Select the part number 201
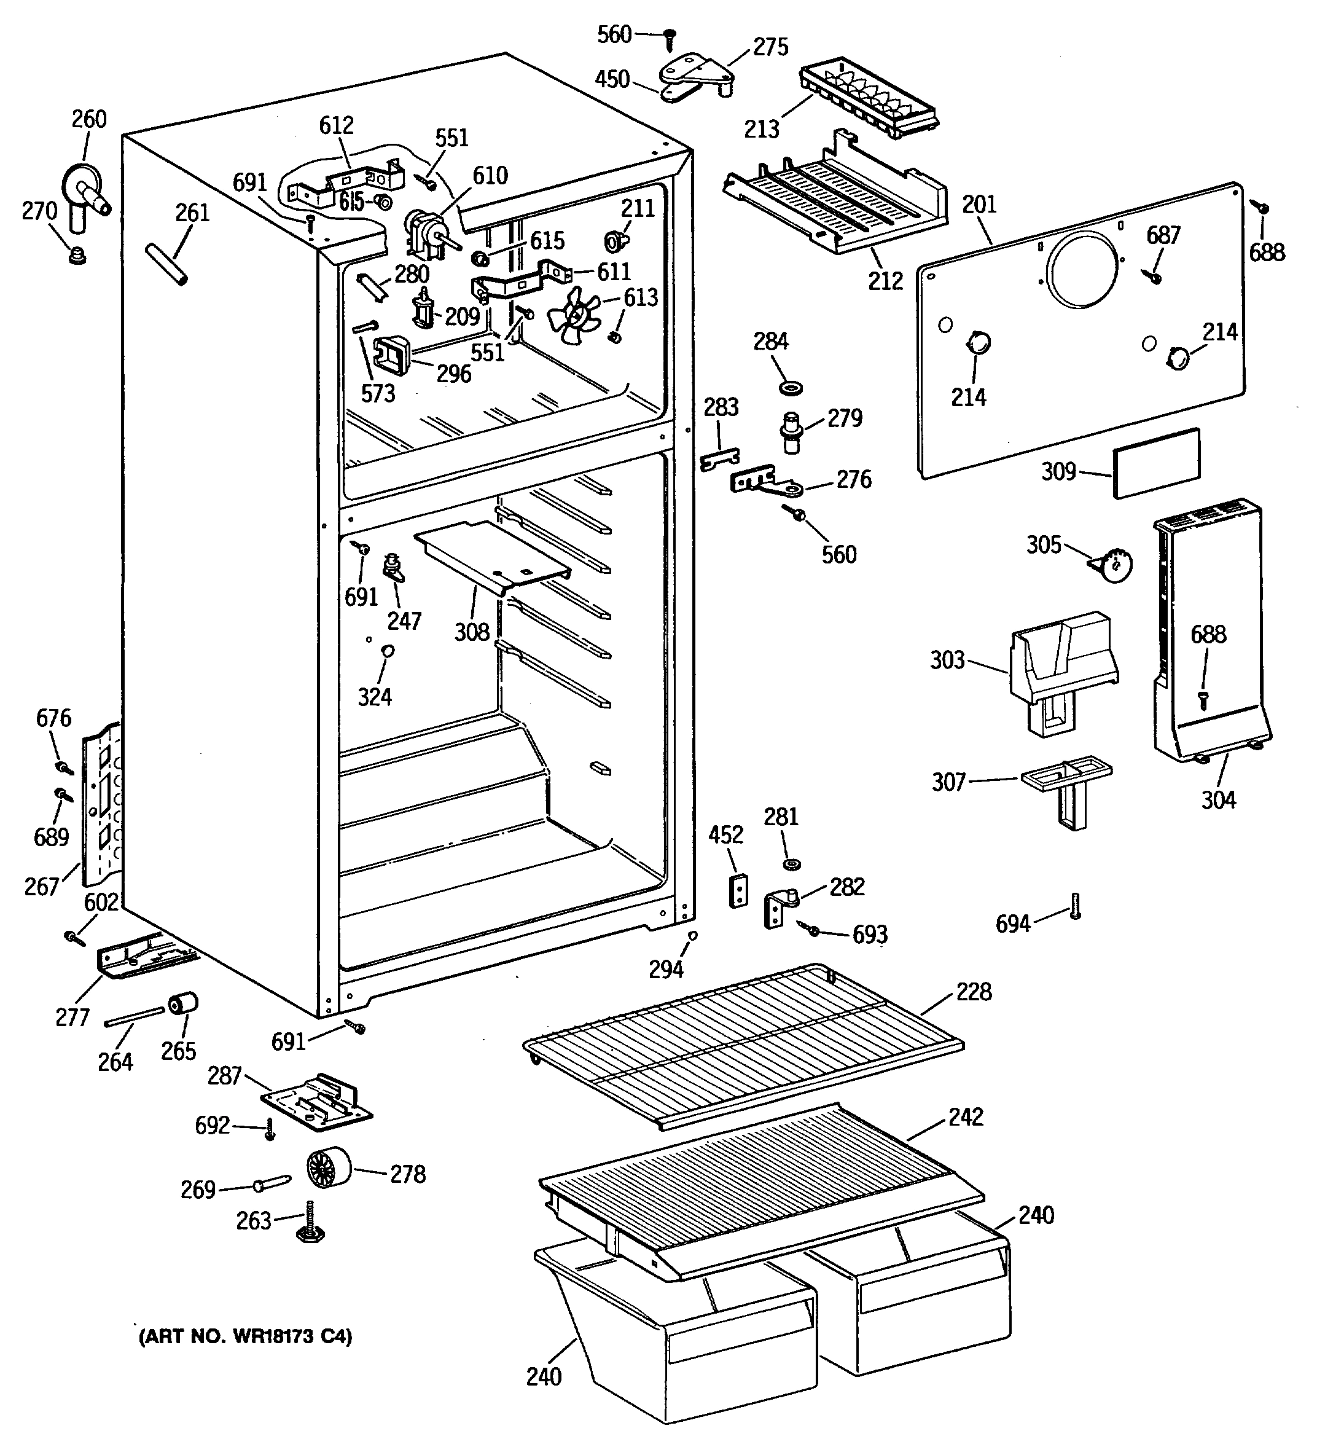[x=979, y=205]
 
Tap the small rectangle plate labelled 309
[x=1156, y=463]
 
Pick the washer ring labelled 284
[x=792, y=390]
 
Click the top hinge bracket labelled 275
[x=697, y=77]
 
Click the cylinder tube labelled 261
[x=168, y=264]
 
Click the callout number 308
[x=472, y=632]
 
